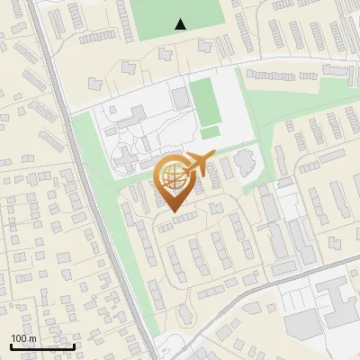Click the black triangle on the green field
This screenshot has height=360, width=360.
click(181, 24)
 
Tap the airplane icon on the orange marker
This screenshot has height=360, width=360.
click(200, 163)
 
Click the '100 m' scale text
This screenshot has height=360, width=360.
click(23, 338)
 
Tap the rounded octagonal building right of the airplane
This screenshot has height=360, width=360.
click(244, 164)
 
